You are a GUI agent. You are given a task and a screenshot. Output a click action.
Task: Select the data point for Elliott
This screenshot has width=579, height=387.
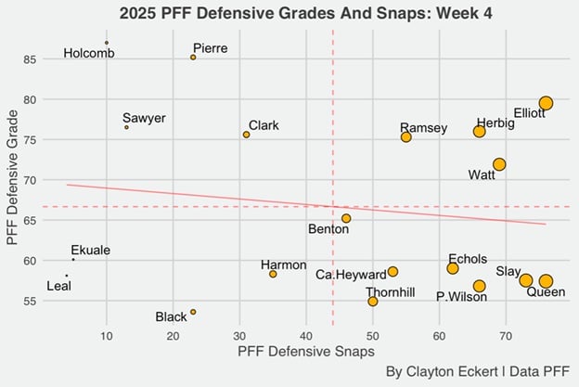[x=546, y=103]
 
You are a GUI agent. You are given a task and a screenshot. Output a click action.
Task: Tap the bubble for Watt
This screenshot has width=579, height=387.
[x=499, y=164]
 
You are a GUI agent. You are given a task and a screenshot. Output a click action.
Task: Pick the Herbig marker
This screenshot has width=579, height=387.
[x=479, y=132]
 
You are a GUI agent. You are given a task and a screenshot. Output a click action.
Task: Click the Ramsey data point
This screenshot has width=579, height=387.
[x=405, y=137]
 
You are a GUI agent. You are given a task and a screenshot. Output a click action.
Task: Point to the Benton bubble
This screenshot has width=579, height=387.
[x=346, y=218]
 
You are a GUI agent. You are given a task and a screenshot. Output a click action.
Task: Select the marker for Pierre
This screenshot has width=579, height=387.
[x=193, y=58]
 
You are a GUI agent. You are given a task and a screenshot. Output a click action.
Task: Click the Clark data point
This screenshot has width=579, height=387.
[x=246, y=135]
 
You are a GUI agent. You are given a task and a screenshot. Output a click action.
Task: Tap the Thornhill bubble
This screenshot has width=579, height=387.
[x=372, y=302]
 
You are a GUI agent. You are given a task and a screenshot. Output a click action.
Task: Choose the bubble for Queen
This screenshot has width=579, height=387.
[x=546, y=281]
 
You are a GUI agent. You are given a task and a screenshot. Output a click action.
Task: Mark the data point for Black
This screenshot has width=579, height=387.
[x=193, y=312]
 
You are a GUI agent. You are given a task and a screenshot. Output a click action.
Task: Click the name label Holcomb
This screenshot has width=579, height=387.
[x=89, y=54]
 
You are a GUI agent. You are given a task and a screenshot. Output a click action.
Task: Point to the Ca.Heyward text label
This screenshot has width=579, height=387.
[x=343, y=275]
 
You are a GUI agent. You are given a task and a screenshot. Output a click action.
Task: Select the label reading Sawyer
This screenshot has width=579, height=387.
[x=144, y=119]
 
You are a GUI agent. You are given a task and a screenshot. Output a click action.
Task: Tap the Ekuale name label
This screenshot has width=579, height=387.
[x=91, y=251]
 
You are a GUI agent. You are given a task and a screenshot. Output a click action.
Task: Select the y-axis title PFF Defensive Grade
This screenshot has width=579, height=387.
[x=13, y=180]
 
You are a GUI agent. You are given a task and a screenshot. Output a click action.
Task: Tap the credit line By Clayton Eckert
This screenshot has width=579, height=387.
[x=477, y=372]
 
